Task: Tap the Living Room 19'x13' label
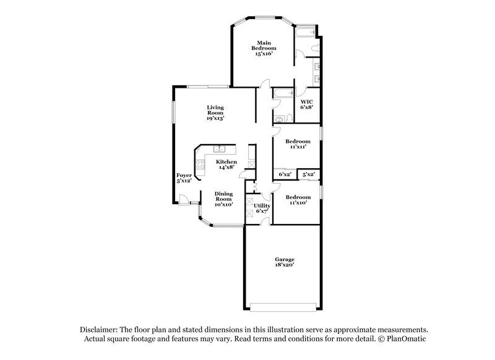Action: pyautogui.click(x=215, y=112)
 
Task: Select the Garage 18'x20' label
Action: pyautogui.click(x=285, y=262)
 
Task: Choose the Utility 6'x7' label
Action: pyautogui.click(x=262, y=208)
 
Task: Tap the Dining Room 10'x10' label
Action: pyautogui.click(x=223, y=199)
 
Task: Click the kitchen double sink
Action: pyautogui.click(x=220, y=149)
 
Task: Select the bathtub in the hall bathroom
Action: pyautogui.click(x=283, y=94)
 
